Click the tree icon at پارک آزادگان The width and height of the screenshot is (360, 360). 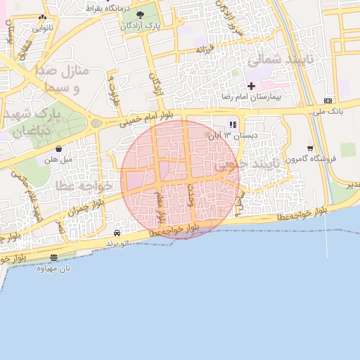pos(140,15)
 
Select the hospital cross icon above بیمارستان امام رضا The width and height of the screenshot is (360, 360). pos(251,86)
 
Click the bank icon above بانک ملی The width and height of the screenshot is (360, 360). pos(328,101)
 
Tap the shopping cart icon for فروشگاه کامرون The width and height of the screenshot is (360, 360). pos(310,148)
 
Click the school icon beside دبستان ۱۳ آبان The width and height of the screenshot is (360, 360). pos(233,125)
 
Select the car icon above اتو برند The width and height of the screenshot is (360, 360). pos(117,233)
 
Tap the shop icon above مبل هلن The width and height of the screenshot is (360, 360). pos(58,149)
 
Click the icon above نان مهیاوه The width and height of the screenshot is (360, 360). pos(55,258)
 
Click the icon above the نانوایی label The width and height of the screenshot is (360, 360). pos(44,18)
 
